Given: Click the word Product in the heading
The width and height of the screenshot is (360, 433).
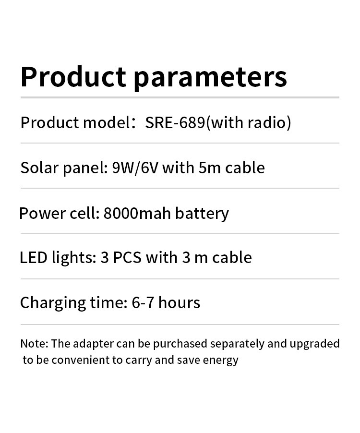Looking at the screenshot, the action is [73, 76].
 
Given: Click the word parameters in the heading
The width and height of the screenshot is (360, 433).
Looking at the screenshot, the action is [210, 79].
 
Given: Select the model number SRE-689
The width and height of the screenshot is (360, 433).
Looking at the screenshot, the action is [175, 122].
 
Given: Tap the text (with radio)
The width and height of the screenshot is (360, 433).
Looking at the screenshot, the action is [249, 122].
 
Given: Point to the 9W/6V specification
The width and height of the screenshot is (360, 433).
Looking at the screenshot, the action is [135, 168].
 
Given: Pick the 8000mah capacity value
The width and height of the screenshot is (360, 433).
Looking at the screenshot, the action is [137, 213].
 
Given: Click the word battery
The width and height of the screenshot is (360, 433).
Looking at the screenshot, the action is [202, 214].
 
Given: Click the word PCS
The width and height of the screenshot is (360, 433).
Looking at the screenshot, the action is [127, 258].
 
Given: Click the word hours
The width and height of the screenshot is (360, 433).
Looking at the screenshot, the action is [179, 302].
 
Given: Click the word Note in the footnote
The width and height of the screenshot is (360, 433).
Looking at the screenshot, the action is [33, 344].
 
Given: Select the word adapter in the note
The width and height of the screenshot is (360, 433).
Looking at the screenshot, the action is [93, 344].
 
